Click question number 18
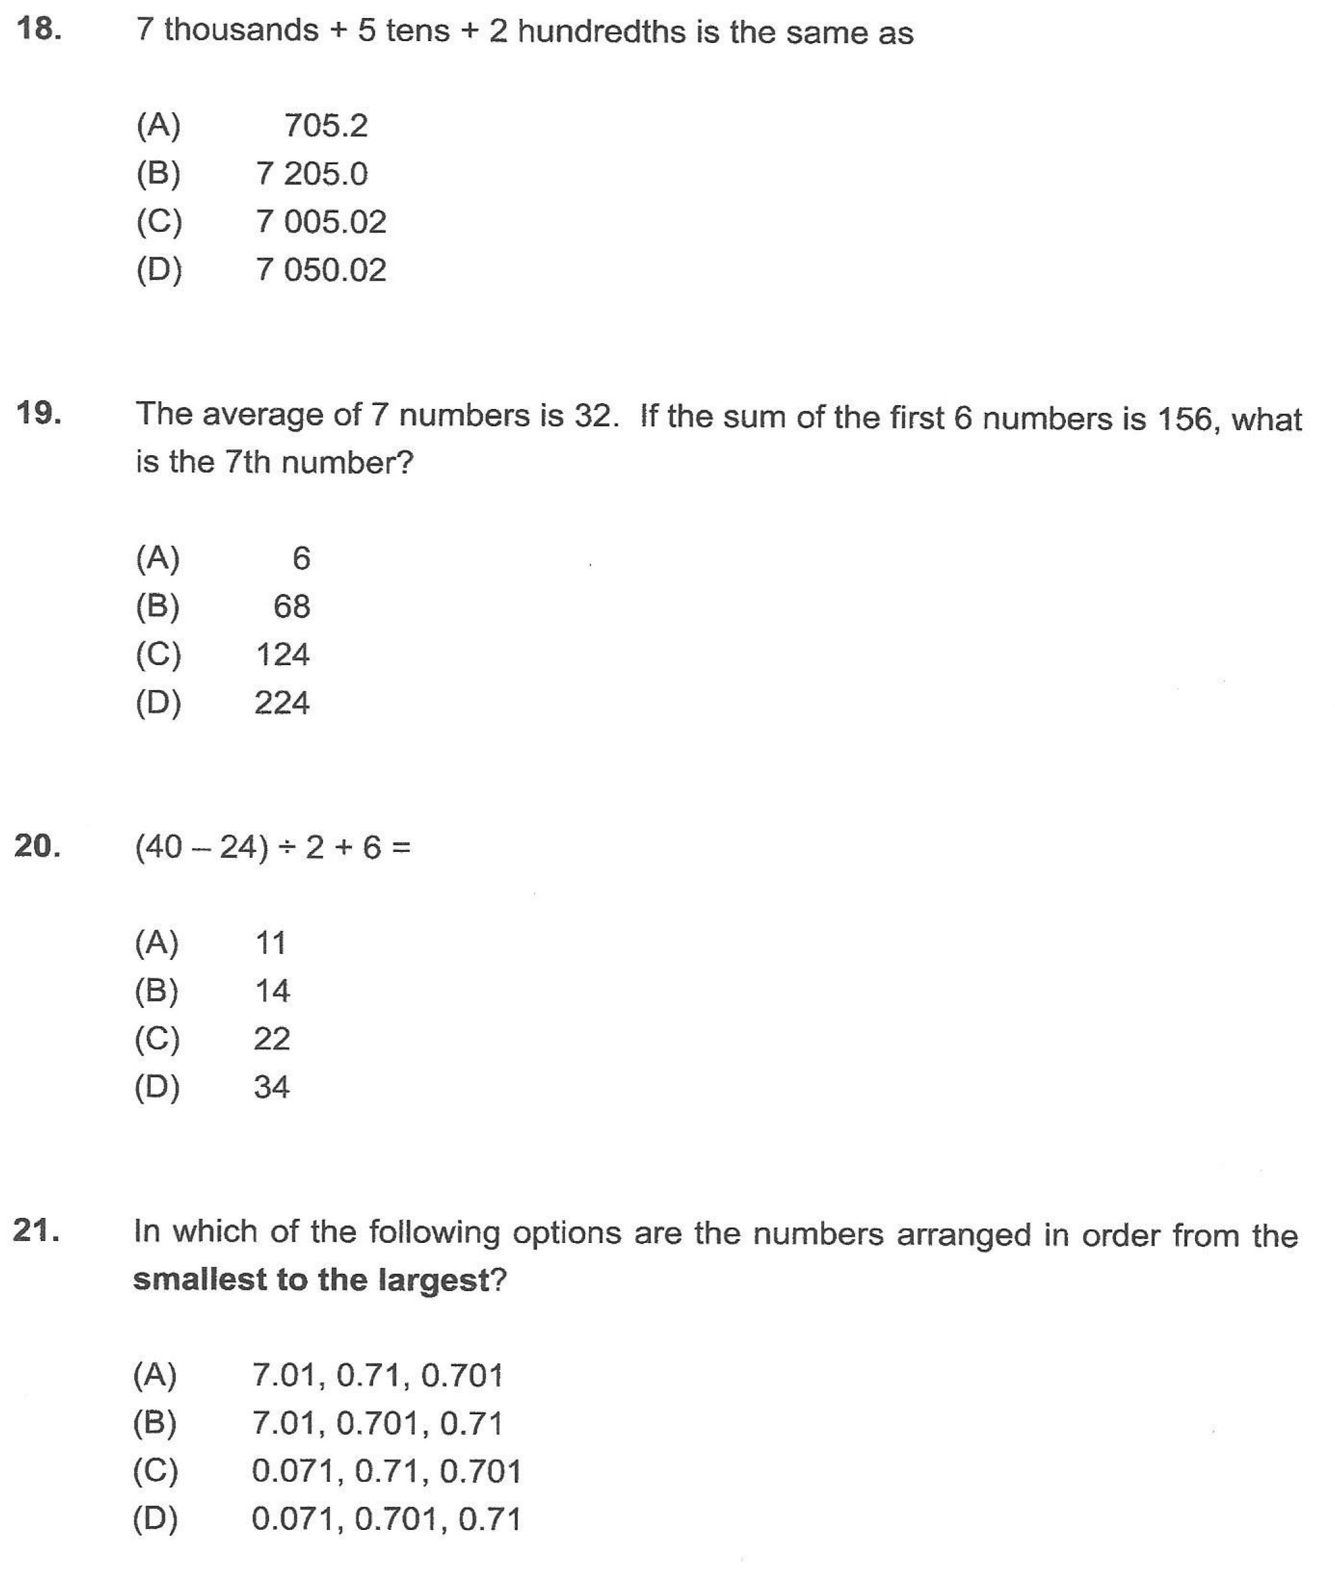[x=38, y=29]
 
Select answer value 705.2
[x=326, y=126]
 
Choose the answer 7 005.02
[x=321, y=221]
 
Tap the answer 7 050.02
[x=321, y=270]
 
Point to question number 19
[x=38, y=413]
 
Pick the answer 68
[x=292, y=607]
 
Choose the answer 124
[x=283, y=655]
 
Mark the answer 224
[x=281, y=704]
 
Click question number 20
[x=37, y=846]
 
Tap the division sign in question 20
[x=286, y=848]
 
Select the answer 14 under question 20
[x=272, y=991]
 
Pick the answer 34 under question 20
[x=272, y=1088]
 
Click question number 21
[x=37, y=1231]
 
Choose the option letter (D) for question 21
[x=155, y=1520]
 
